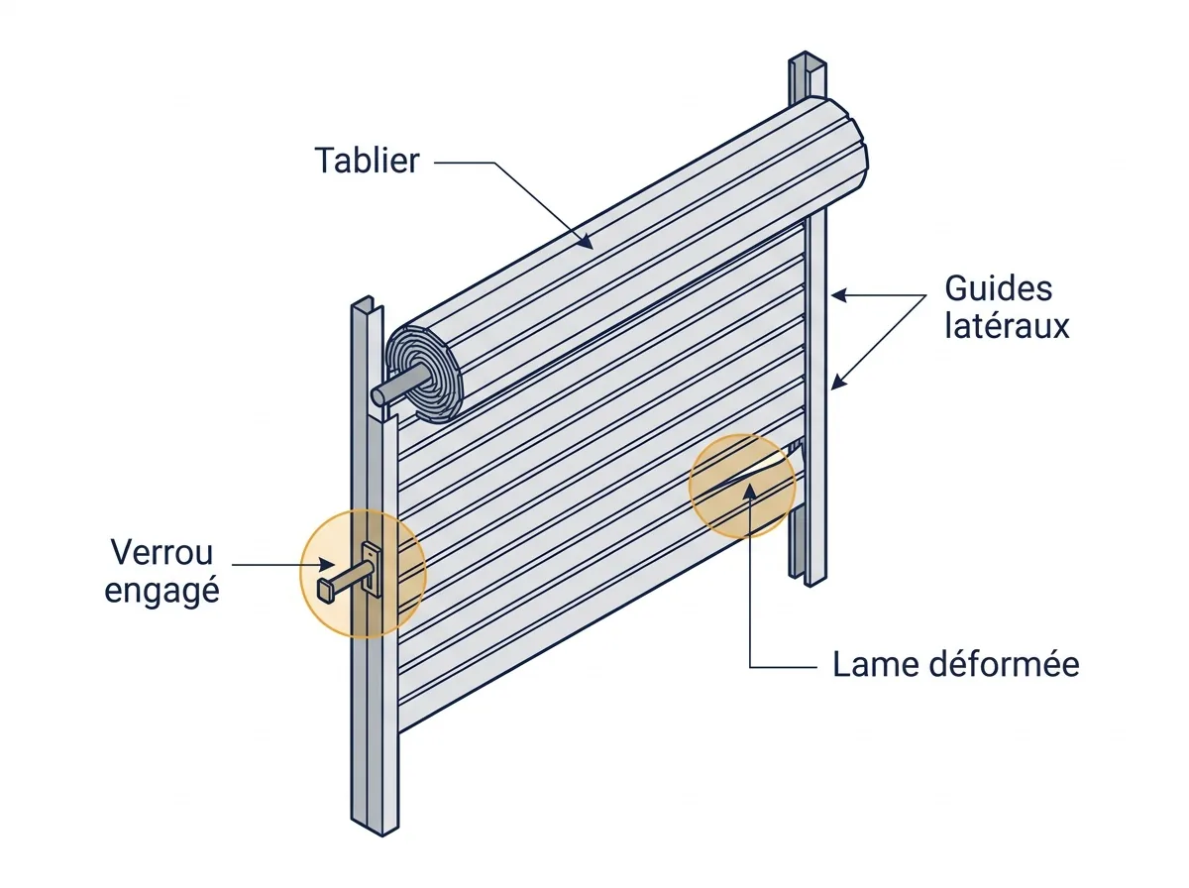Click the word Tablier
pyautogui.click(x=367, y=161)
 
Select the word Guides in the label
pyautogui.click(x=999, y=288)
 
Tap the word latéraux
pyautogui.click(x=1007, y=326)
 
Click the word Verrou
pyautogui.click(x=162, y=553)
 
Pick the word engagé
pyautogui.click(x=162, y=591)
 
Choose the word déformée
pyautogui.click(x=1005, y=664)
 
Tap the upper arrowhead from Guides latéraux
pyautogui.click(x=838, y=295)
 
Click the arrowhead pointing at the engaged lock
pyautogui.click(x=327, y=565)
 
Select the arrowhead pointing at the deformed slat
pyautogui.click(x=750, y=491)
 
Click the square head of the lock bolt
pyautogui.click(x=326, y=591)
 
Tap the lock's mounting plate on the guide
pyautogui.click(x=373, y=568)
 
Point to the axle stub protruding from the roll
pyautogui.click(x=398, y=384)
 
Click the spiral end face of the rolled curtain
pyautogui.click(x=425, y=374)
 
